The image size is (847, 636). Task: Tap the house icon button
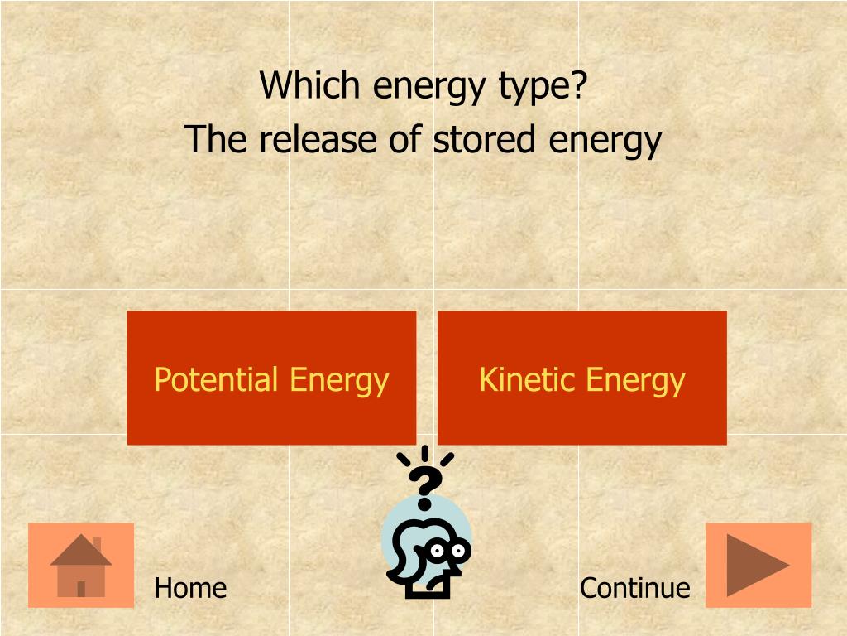tap(81, 565)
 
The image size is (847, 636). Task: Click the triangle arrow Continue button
tap(758, 565)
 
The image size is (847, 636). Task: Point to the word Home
tap(190, 588)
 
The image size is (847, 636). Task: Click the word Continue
tap(634, 588)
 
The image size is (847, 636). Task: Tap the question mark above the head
tap(425, 487)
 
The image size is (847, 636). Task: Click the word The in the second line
tap(216, 139)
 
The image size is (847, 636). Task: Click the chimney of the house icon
tap(97, 544)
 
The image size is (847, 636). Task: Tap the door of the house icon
tap(81, 588)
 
